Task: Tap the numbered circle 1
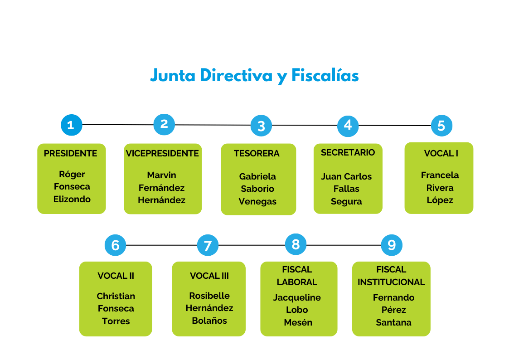click(x=71, y=125)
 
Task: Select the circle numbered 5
click(x=441, y=125)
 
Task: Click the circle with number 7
click(x=208, y=246)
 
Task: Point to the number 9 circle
click(x=392, y=245)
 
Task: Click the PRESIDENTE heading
click(x=71, y=154)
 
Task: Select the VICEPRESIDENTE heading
click(x=162, y=154)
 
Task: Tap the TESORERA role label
click(x=257, y=154)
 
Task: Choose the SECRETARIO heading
click(x=348, y=153)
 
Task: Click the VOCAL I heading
click(x=441, y=154)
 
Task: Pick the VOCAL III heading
click(x=209, y=276)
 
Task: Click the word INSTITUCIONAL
click(x=391, y=282)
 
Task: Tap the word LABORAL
click(x=297, y=282)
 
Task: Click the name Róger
click(x=72, y=175)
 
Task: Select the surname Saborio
click(x=257, y=189)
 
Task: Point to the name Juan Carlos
click(x=346, y=177)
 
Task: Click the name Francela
click(x=440, y=175)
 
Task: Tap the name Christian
click(x=116, y=297)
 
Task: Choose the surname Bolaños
click(x=209, y=321)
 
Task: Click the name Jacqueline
click(x=297, y=298)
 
